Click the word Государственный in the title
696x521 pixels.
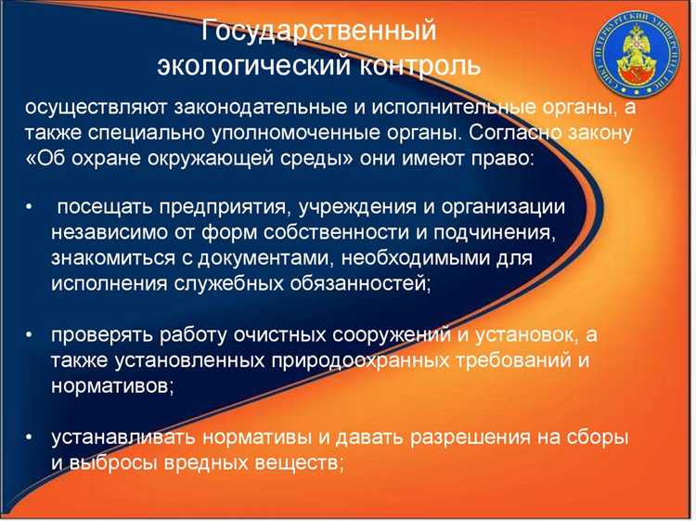point(319,32)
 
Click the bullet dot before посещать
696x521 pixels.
point(32,206)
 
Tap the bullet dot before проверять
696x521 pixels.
point(32,332)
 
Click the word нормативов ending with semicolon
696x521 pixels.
point(111,384)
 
